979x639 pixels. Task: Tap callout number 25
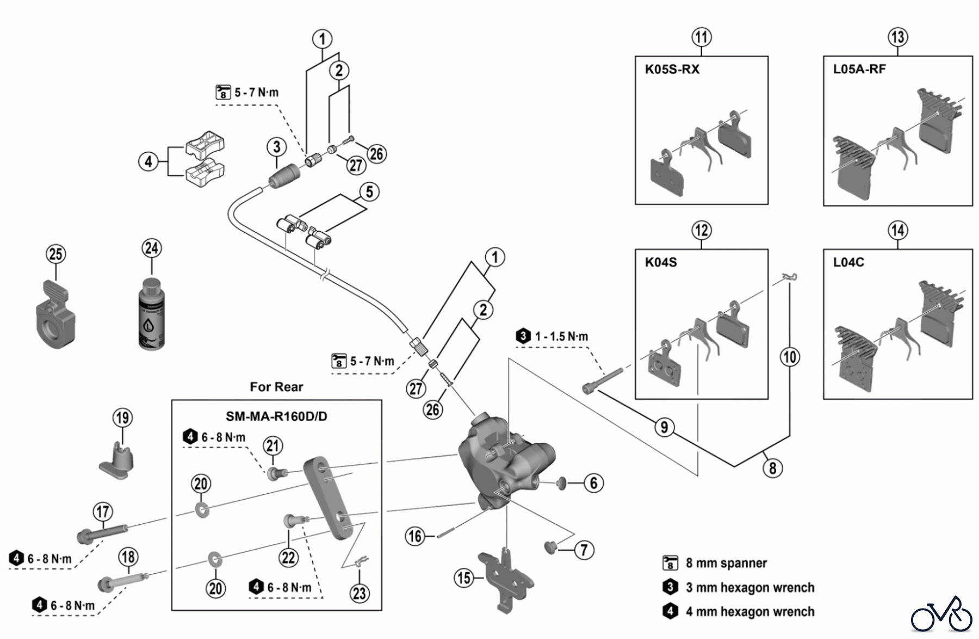click(55, 254)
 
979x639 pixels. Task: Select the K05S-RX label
click(672, 70)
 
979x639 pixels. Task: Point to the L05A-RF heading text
click(859, 70)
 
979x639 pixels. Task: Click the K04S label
click(661, 262)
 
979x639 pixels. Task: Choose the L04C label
click(848, 262)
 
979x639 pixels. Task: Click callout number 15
click(464, 578)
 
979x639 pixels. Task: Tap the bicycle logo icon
click(941, 615)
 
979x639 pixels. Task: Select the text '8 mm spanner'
click(726, 563)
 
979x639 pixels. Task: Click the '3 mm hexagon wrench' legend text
click(750, 587)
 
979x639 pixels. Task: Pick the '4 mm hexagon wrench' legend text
click(750, 612)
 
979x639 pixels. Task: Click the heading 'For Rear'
click(276, 387)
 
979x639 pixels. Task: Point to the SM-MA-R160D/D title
click(276, 417)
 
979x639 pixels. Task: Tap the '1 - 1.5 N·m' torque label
click(561, 337)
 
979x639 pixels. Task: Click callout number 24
click(152, 248)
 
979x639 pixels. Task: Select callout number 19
click(122, 418)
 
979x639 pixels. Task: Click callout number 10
click(790, 357)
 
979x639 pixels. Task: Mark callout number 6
click(593, 482)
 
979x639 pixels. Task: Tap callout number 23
click(360, 593)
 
